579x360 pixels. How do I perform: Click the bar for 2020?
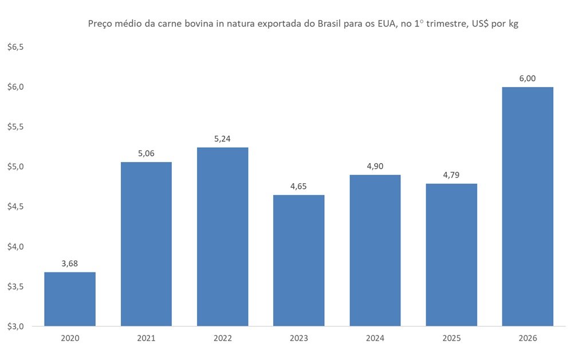(x=70, y=299)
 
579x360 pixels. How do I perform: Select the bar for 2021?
(x=146, y=244)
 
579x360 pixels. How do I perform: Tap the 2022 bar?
(x=222, y=236)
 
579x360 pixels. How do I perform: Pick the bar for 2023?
(x=298, y=260)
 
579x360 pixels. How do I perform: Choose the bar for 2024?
(x=375, y=250)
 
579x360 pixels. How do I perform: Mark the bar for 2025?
(x=451, y=255)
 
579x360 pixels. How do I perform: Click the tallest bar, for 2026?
(x=527, y=206)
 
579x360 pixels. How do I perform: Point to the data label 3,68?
(x=70, y=263)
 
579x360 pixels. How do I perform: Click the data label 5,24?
(x=222, y=139)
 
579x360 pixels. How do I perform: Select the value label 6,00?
(x=527, y=78)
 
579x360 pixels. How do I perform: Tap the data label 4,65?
(x=298, y=186)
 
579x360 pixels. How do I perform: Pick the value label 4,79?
(x=451, y=175)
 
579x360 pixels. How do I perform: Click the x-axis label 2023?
(x=298, y=338)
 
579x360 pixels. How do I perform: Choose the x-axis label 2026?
(x=527, y=338)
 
